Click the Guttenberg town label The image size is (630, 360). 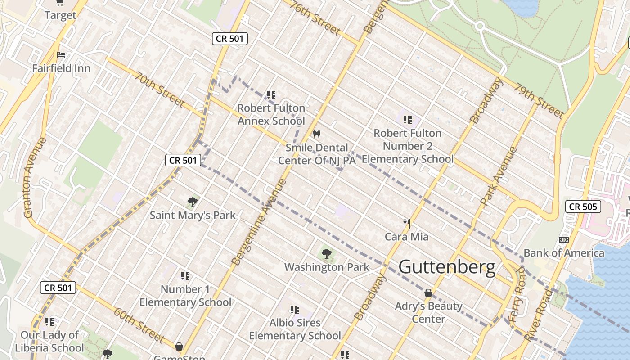point(447,267)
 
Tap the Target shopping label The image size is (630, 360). point(60,15)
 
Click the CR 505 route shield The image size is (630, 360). point(583,207)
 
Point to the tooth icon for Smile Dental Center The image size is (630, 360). point(316,134)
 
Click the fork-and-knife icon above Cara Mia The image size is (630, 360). point(406,223)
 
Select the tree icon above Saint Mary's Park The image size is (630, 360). point(193,202)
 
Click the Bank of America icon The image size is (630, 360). point(563,240)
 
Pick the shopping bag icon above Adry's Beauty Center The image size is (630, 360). point(428,293)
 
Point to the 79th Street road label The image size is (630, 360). point(539,101)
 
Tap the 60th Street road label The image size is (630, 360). point(139,324)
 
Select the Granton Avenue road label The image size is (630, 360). point(35,177)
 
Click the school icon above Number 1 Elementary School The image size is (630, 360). point(185,275)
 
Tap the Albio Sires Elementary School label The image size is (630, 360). point(295,329)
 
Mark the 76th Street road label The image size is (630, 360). point(315,18)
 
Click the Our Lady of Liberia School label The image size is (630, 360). point(49,341)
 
